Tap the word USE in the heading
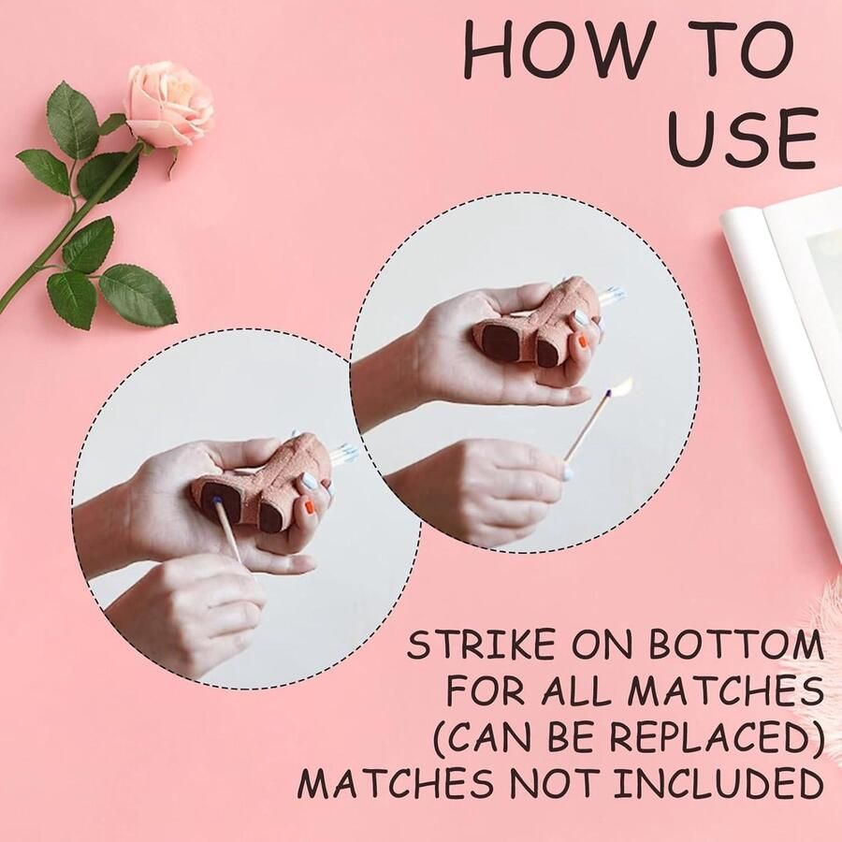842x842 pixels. (743, 138)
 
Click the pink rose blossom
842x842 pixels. (168, 104)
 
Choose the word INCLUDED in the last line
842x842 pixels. (719, 784)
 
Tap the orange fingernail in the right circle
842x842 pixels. (584, 341)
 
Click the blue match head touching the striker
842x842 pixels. (217, 501)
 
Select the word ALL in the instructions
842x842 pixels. (576, 691)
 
